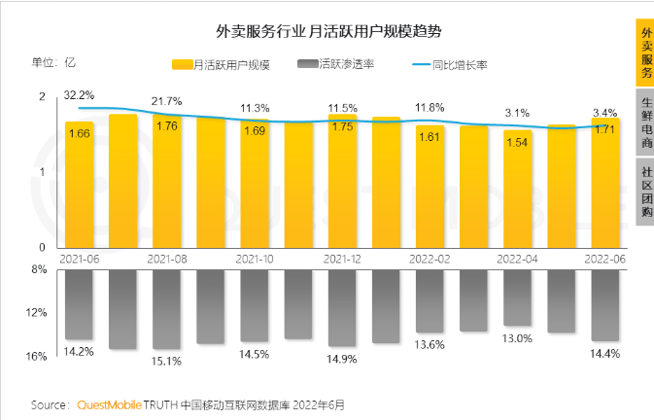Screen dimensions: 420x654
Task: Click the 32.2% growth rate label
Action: pyautogui.click(x=79, y=95)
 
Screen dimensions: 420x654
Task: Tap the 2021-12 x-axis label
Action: pyautogui.click(x=342, y=260)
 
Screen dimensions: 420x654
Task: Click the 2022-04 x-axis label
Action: pyautogui.click(x=517, y=260)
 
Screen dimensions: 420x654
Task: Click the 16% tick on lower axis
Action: pyautogui.click(x=38, y=356)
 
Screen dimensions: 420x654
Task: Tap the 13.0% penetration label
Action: pyautogui.click(x=517, y=338)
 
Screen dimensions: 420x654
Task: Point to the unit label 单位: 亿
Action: pyautogui.click(x=53, y=63)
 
